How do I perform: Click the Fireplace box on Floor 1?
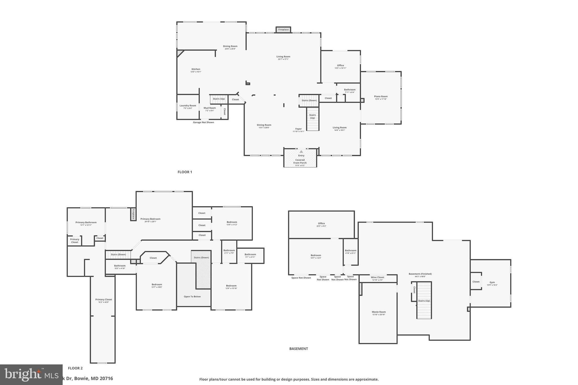(x=283, y=30)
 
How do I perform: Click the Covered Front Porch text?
(x=300, y=161)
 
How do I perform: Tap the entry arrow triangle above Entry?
(x=301, y=152)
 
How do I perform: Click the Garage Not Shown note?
(x=203, y=122)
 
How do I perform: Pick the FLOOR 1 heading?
(x=185, y=172)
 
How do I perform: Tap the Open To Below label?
(x=192, y=296)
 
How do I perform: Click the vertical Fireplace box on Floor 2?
(x=133, y=214)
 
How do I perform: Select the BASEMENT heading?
(x=299, y=349)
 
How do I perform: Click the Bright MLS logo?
(x=27, y=375)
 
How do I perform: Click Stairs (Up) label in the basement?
(x=424, y=301)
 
